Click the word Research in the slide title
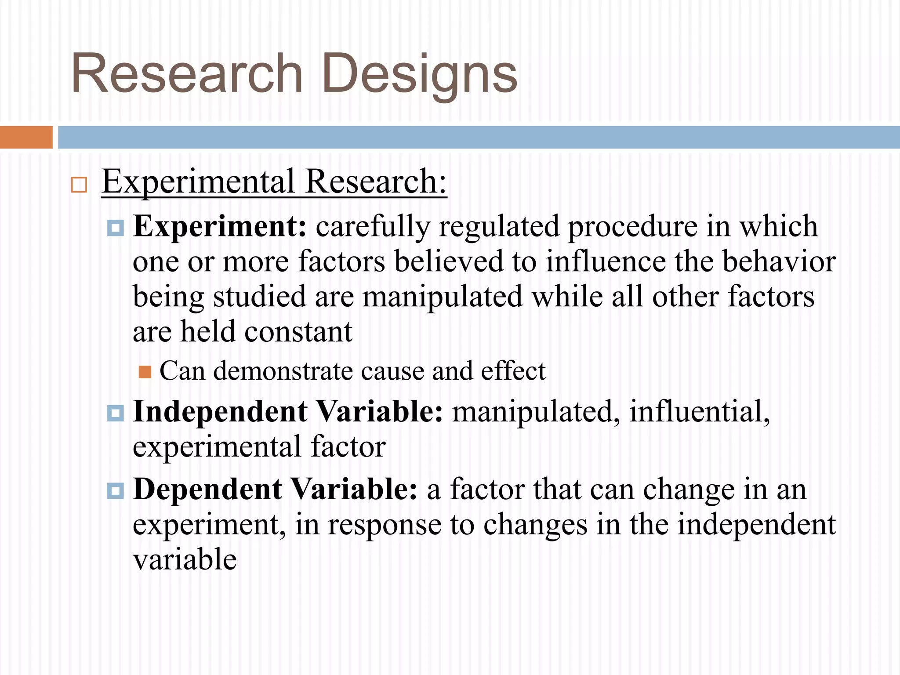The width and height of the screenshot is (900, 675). (187, 73)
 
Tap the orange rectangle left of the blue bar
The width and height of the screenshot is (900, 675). (26, 137)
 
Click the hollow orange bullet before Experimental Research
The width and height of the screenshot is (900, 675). (79, 185)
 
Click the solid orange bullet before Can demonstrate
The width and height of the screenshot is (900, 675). (145, 372)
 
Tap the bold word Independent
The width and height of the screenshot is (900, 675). (220, 412)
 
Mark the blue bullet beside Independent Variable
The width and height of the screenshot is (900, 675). (116, 414)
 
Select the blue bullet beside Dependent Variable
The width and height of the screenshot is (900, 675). (116, 491)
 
